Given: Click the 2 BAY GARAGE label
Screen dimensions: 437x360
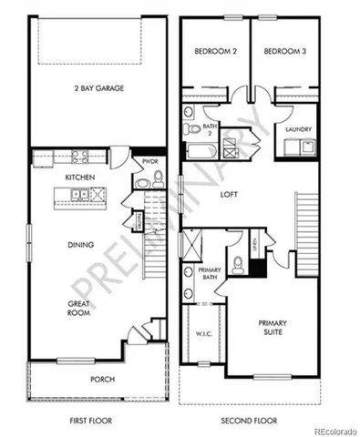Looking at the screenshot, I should point(99,88).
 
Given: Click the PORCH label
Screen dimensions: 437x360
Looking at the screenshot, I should point(102,380).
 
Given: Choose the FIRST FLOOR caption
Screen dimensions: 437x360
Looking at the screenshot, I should point(97,421).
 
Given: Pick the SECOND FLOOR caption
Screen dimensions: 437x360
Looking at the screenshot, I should point(250,421).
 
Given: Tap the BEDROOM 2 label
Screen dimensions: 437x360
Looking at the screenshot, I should point(216,53).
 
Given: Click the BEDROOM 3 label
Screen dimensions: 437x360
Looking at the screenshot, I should point(285,53).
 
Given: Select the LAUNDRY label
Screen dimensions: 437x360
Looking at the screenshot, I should point(298,129).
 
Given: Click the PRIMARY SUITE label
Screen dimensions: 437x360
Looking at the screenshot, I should point(272,328).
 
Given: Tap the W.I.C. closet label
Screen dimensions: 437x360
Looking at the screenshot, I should point(202,332).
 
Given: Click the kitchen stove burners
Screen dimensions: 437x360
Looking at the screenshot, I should point(79,157).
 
